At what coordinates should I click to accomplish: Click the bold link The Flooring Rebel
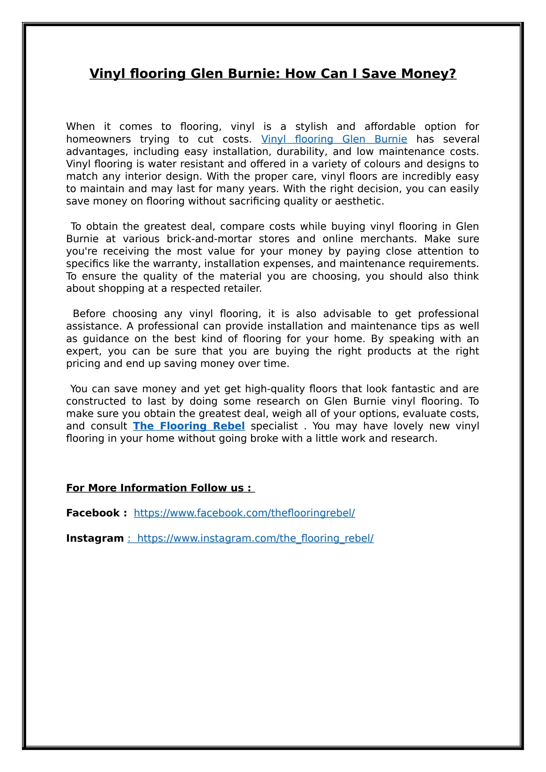[x=189, y=426]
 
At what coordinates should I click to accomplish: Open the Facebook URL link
[x=244, y=513]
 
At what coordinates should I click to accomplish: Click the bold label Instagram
[x=95, y=538]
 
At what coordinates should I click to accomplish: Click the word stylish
[x=311, y=127]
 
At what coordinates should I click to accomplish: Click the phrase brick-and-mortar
[x=209, y=239]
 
